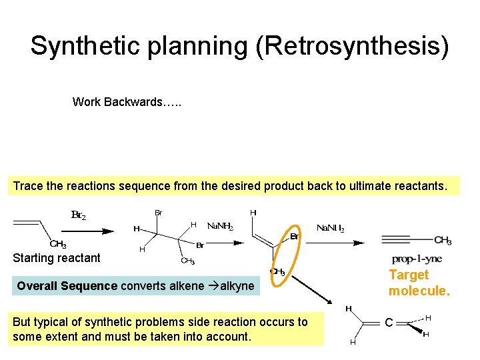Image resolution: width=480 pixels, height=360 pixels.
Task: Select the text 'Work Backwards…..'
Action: click(127, 102)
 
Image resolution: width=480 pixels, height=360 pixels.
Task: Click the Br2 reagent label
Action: click(79, 215)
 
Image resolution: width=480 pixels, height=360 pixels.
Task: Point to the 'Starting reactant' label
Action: click(57, 258)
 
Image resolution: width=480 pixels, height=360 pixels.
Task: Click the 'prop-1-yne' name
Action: click(417, 259)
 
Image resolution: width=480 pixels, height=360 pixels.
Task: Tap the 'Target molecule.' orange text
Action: click(419, 283)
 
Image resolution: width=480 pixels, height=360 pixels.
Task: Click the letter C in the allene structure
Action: click(387, 323)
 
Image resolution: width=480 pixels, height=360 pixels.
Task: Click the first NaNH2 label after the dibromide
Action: click(221, 227)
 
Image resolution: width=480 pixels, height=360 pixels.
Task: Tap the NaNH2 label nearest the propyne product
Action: click(331, 229)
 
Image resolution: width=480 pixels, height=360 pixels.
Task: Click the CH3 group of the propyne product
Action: click(443, 240)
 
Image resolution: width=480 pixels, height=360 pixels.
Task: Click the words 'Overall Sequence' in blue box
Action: click(67, 286)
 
